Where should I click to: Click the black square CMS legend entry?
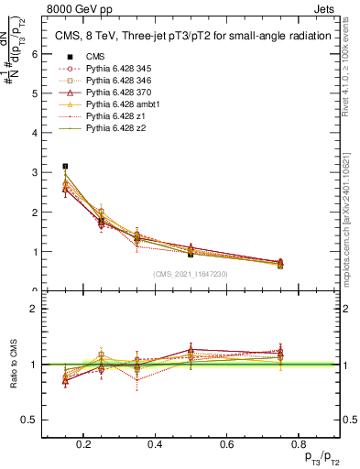[63, 57]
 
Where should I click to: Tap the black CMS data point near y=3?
[65, 166]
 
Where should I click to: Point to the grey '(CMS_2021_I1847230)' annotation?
[191, 273]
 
